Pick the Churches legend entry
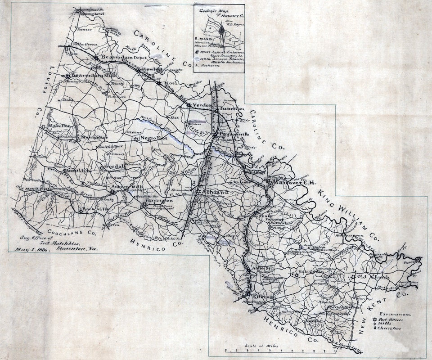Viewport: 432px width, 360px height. click(x=392, y=328)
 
